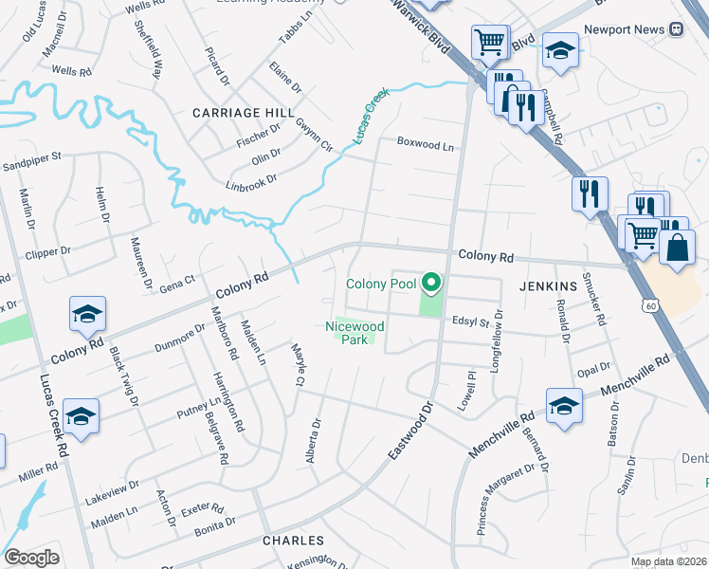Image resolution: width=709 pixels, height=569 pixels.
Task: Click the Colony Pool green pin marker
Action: point(432,283)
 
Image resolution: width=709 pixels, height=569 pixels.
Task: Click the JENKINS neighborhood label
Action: point(548,285)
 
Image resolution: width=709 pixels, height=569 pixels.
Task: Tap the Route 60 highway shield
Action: point(649,305)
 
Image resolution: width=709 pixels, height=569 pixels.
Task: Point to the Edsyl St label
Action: point(469,322)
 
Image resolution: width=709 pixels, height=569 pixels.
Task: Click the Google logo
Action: point(31,558)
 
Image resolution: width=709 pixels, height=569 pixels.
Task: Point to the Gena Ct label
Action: point(176,282)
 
